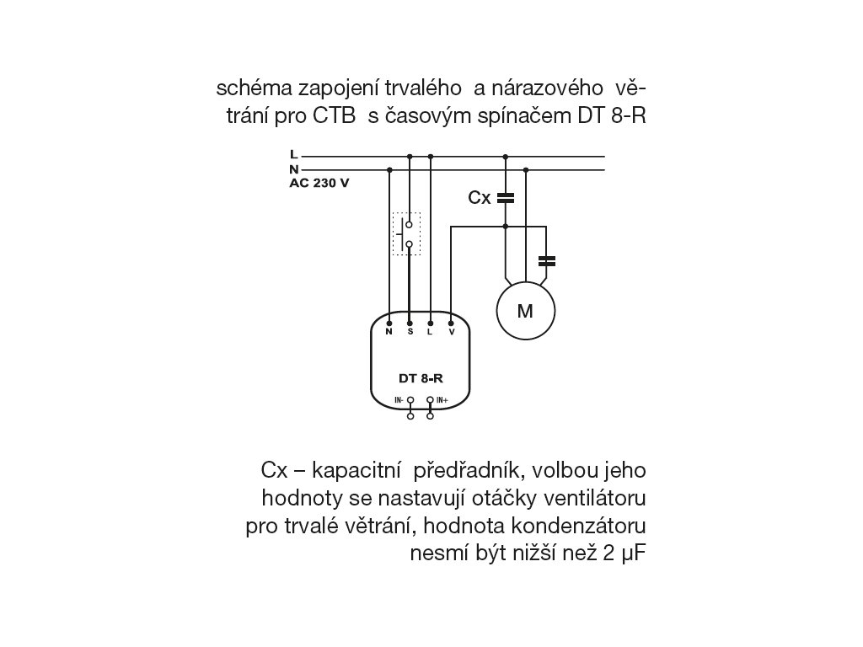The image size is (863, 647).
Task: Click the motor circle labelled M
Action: coord(525,311)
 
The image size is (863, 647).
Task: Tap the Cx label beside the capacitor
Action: coord(480,198)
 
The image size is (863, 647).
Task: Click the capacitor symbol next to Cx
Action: coord(505,198)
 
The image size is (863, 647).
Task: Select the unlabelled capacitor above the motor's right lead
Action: coord(546,260)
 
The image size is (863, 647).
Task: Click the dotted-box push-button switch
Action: coord(408,234)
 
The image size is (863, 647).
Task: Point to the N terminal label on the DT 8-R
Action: coord(389,333)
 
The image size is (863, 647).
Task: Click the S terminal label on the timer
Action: coord(410,333)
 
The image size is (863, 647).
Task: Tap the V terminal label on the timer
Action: coord(452,333)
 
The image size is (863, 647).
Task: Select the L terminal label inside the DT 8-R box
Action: coord(431,333)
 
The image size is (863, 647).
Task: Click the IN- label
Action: coord(399,399)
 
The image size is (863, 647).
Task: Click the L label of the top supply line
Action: coord(292,155)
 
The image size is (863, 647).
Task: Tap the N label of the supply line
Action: coord(293,169)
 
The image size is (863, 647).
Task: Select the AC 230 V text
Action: coord(319,182)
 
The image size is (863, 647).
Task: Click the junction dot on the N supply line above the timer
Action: coord(389,169)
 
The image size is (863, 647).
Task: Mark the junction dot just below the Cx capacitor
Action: coord(505,226)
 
